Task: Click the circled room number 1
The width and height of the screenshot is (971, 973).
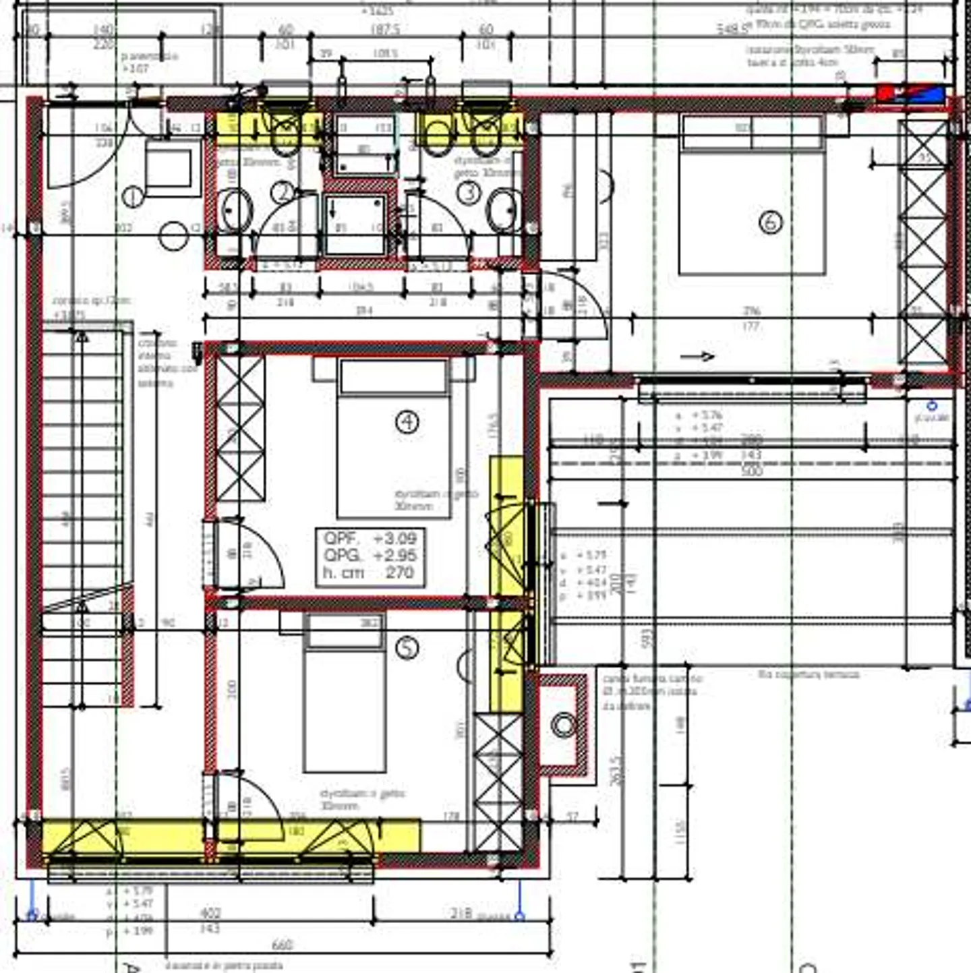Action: click(134, 197)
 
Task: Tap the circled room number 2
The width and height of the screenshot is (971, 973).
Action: click(283, 193)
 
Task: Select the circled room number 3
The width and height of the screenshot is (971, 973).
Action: click(468, 193)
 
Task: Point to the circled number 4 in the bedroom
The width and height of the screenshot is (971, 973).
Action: click(407, 422)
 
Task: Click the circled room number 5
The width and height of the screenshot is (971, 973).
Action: click(406, 648)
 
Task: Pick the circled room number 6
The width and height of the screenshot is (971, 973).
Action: click(770, 222)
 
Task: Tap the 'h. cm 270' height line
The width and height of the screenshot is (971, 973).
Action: click(369, 573)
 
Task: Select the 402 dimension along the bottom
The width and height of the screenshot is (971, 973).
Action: click(211, 913)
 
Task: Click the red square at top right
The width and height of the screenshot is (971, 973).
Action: click(885, 93)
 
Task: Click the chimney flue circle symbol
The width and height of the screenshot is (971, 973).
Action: click(563, 726)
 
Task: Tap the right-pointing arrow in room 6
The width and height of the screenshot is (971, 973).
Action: click(697, 356)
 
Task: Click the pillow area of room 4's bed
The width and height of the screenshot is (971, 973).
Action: click(394, 376)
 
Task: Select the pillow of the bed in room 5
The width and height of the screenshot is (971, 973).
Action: click(345, 631)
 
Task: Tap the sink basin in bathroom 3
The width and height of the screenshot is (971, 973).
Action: click(504, 210)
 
